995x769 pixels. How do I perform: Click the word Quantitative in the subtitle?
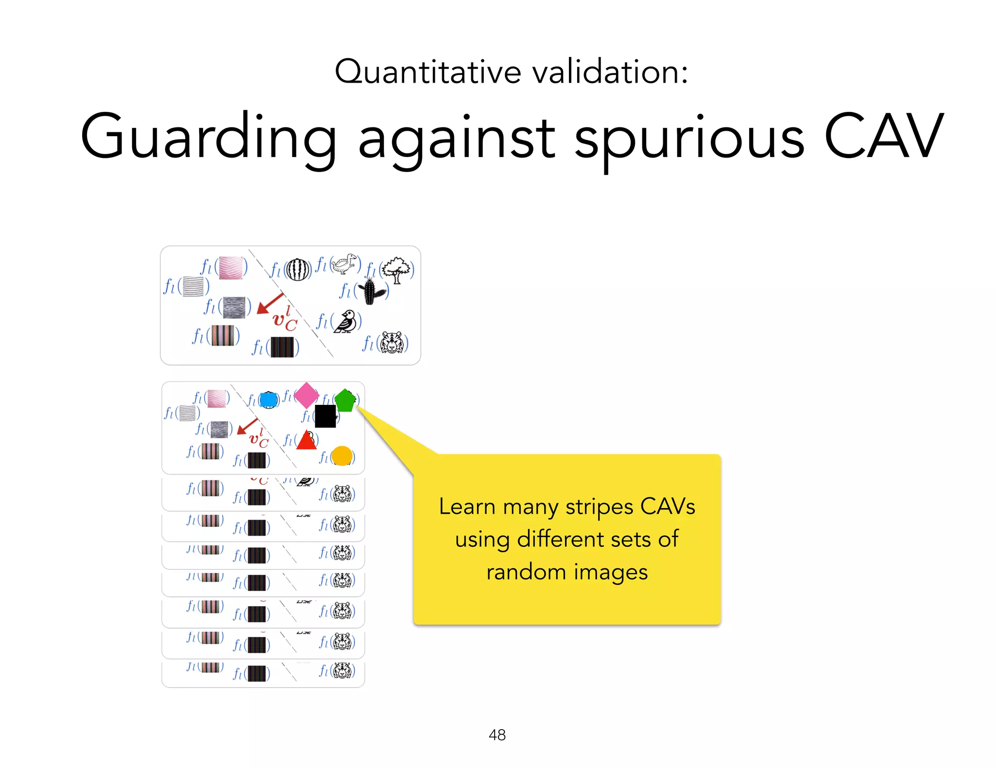(x=428, y=72)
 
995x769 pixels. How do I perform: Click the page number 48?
(x=497, y=734)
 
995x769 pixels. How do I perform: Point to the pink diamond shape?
(x=307, y=395)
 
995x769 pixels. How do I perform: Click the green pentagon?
(x=345, y=400)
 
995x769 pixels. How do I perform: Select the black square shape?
(x=326, y=416)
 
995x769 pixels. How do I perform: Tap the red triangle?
(x=306, y=440)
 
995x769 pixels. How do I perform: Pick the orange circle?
(x=342, y=456)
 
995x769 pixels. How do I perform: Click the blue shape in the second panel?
(x=269, y=400)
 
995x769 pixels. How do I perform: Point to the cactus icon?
(x=371, y=291)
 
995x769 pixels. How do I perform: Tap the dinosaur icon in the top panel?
(x=345, y=264)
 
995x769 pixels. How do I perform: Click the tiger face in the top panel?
(x=392, y=343)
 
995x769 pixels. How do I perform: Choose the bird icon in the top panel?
(x=346, y=321)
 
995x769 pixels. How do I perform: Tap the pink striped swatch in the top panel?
(x=231, y=268)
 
